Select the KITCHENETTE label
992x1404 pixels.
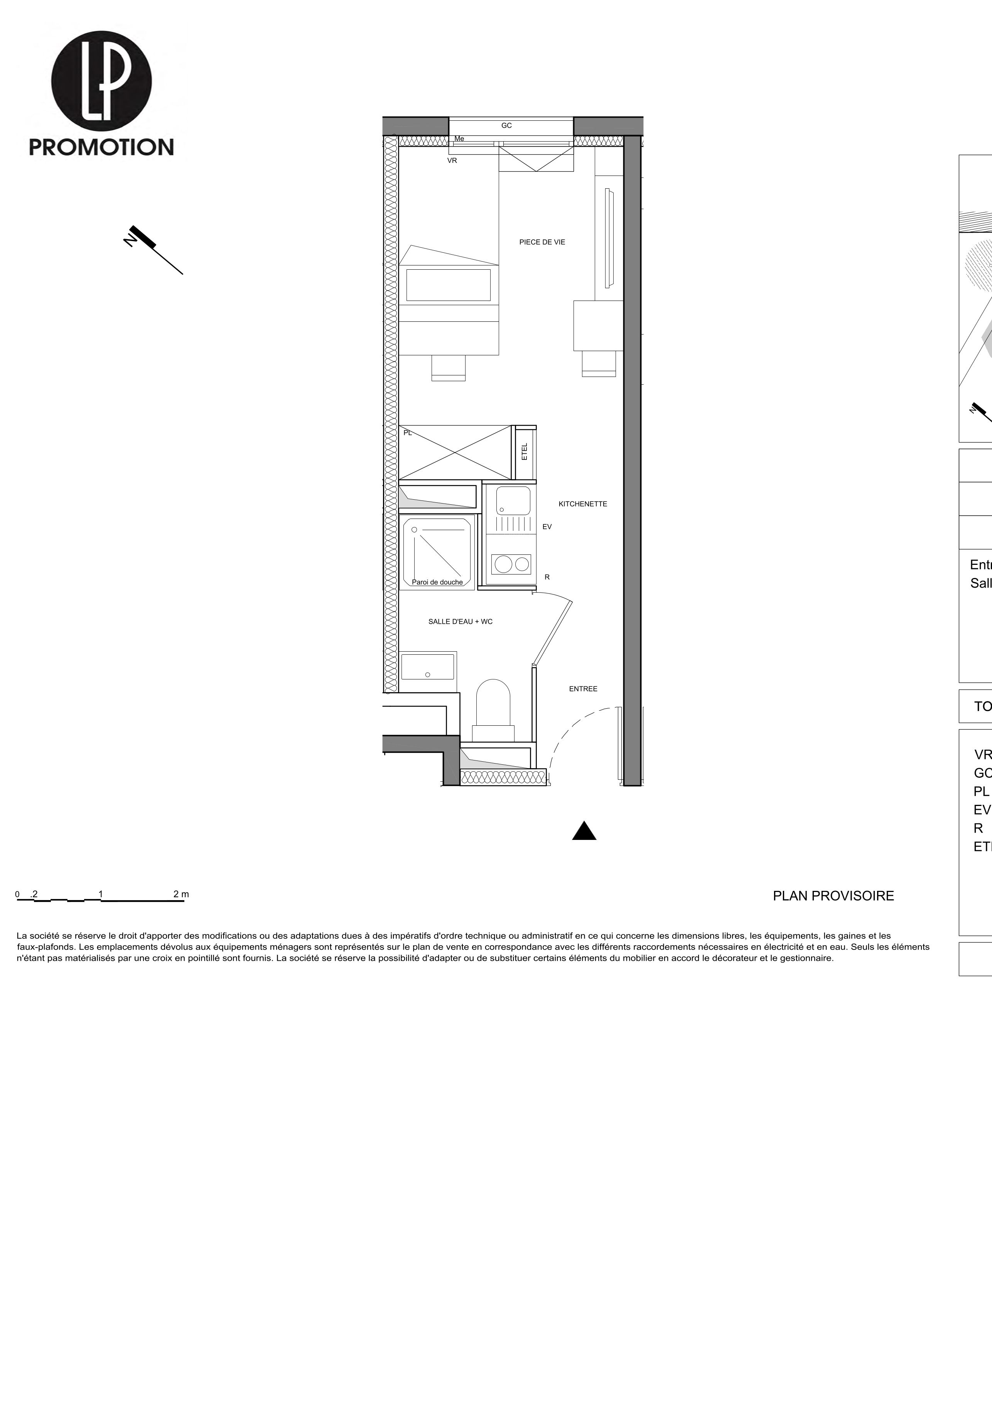pyautogui.click(x=582, y=504)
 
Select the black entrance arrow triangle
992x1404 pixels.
pyautogui.click(x=584, y=832)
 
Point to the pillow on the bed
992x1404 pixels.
pyautogui.click(x=448, y=285)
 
